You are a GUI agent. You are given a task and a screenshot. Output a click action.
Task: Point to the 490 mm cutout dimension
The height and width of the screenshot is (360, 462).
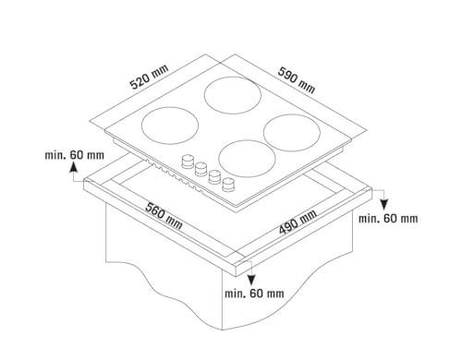pyautogui.click(x=297, y=224)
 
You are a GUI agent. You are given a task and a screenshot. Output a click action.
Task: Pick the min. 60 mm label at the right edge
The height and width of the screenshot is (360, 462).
pyautogui.click(x=389, y=218)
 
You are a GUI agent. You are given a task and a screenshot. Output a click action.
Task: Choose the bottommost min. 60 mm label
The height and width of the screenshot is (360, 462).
pyautogui.click(x=254, y=294)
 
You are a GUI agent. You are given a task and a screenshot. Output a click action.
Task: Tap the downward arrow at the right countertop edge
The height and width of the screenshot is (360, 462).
pyautogui.click(x=383, y=198)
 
